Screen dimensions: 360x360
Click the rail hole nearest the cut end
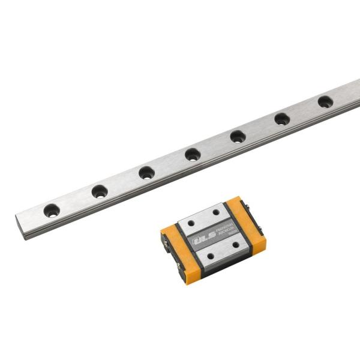pos(52,211)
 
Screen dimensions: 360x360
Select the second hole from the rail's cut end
pos(100,192)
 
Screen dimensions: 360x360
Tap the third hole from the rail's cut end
pos(146,173)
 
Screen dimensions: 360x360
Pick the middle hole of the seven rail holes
pos(192,155)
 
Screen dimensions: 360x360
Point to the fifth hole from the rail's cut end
pos(238,137)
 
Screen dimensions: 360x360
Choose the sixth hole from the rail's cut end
pos(282,119)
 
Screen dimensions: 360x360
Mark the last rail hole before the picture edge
pos(325,101)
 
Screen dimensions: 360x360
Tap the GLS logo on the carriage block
pos(200,239)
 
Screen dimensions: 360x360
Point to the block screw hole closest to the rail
pos(217,211)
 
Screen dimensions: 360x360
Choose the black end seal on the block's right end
pos(260,229)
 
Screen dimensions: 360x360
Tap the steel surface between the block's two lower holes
pos(223,250)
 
